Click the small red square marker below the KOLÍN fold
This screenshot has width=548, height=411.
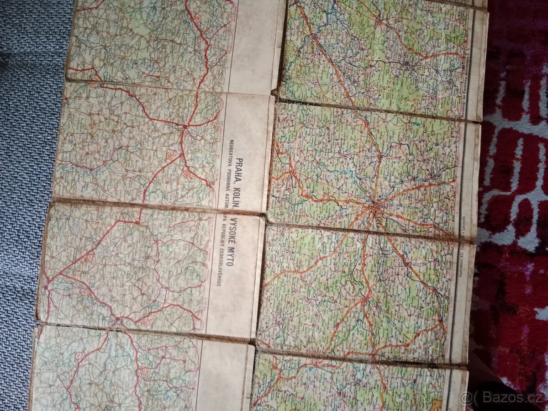click(137, 222)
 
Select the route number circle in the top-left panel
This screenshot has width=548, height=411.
click(197, 18)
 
